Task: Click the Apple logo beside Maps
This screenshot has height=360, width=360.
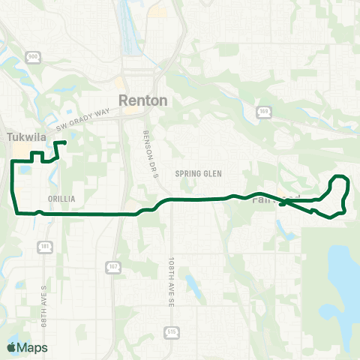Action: pos(11,347)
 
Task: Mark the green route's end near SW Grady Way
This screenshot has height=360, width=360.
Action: pos(65,142)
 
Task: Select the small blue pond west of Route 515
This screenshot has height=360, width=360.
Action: pos(191,284)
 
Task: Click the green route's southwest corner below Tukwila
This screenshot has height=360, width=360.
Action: pos(16,211)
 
